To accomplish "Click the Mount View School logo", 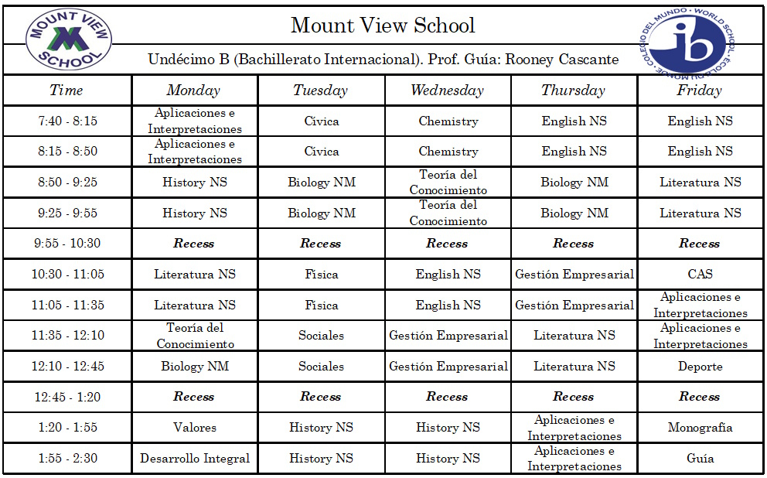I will (68, 39).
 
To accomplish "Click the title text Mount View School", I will (383, 26).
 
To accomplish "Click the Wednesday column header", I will (447, 90).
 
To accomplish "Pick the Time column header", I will (66, 90).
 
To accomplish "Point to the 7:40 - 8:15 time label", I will (67, 121).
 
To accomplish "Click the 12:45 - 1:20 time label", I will (67, 397).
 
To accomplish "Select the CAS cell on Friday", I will (700, 274).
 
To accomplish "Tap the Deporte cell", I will (700, 367).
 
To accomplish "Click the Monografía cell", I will (700, 427).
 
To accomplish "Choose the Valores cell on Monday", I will (195, 427).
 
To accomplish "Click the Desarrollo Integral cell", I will (195, 458).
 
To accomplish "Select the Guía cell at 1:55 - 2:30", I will (700, 458).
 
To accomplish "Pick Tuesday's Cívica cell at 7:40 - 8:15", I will (321, 121).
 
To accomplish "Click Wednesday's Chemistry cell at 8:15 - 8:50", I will (448, 152).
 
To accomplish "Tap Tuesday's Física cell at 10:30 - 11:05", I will (321, 274).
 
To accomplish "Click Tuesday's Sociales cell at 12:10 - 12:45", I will (321, 367).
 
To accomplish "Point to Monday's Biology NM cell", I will (195, 367).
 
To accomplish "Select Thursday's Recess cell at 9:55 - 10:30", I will (573, 243).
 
